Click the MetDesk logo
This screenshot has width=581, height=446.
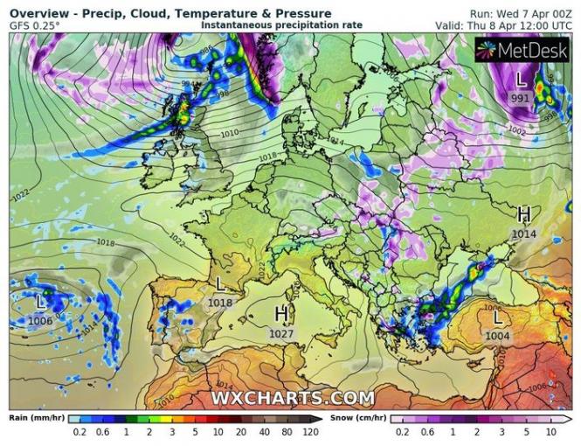coord(522,50)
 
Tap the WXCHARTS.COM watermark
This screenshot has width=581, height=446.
coord(293,398)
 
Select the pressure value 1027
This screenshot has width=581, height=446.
coord(282,332)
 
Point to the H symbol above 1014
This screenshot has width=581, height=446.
coord(524,214)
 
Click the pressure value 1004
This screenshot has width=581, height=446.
coord(497,336)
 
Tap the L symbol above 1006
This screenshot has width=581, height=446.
coord(40,302)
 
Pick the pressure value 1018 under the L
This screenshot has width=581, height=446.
coord(220,303)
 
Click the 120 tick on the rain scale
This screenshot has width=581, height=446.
coord(310,431)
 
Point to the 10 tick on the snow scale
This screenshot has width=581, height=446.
coord(550,431)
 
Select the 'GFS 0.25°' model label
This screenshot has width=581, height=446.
coord(35,25)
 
